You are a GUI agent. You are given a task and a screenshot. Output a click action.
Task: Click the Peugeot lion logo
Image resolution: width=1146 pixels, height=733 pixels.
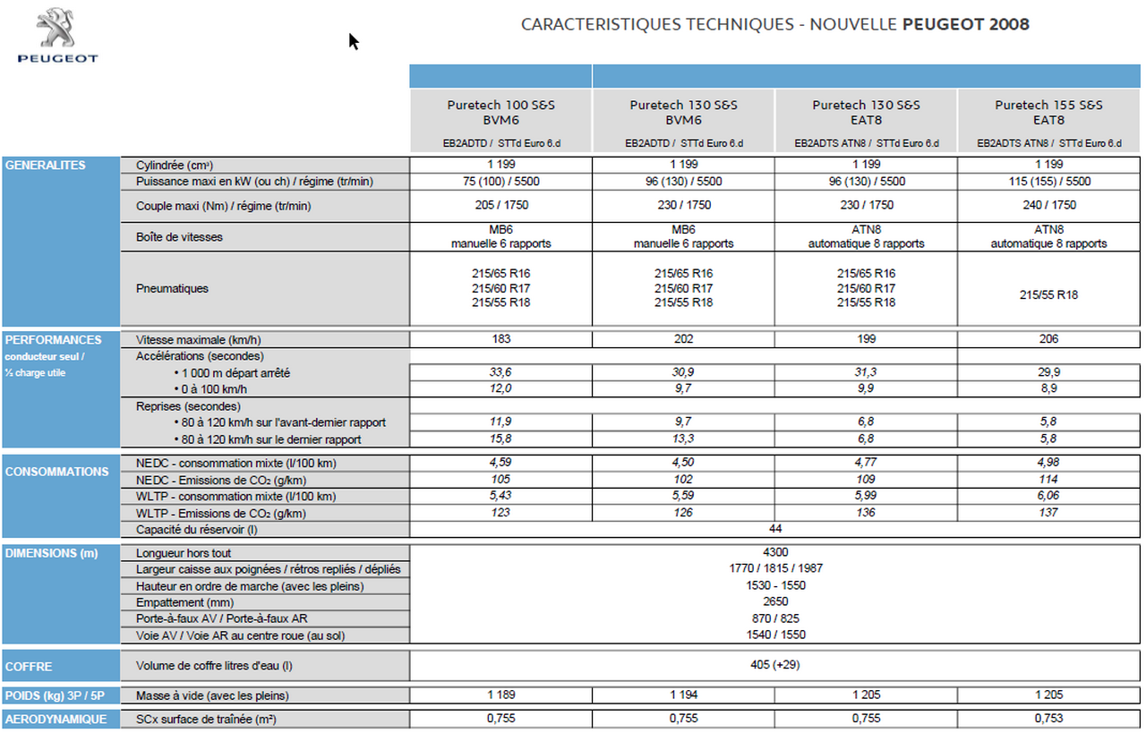coord(56,29)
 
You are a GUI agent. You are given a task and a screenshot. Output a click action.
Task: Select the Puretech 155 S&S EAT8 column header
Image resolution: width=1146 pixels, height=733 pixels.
coord(1048,112)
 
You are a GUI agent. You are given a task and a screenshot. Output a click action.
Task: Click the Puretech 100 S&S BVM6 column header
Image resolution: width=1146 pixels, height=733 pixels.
coord(500,112)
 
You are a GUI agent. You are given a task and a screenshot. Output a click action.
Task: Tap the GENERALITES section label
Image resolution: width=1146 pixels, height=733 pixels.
coord(45,166)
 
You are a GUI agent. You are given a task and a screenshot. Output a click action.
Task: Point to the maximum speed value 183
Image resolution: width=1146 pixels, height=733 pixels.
coord(500,339)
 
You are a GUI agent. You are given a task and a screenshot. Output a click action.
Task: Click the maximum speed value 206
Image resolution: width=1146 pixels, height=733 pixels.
coord(1048,339)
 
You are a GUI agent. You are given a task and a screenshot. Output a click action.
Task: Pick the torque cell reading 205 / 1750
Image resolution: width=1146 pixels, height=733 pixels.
coord(500,205)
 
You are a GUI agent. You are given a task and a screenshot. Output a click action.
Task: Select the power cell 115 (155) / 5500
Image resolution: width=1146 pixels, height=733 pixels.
coord(1048,182)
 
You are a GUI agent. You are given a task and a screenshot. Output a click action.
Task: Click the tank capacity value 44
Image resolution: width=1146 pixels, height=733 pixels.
coord(774,529)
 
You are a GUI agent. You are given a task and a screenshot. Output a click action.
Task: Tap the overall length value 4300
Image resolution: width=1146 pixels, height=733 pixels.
coord(774,553)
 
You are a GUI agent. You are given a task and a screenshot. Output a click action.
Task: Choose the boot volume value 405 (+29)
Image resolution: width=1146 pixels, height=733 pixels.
coord(774,665)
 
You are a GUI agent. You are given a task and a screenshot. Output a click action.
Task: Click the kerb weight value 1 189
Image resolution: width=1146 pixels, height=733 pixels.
coord(500,695)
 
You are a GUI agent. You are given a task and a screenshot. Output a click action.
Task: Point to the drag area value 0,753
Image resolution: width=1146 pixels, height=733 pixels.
coord(1048,719)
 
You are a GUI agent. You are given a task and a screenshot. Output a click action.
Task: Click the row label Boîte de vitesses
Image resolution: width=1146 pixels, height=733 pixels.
coord(179,237)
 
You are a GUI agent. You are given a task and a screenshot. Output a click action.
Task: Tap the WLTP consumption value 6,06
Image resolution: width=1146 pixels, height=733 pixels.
coord(1048,496)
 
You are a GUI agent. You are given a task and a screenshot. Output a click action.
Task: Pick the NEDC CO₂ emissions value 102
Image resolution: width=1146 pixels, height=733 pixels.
coord(683,480)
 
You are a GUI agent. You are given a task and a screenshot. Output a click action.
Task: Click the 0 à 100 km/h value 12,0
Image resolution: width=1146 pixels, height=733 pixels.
coord(500,388)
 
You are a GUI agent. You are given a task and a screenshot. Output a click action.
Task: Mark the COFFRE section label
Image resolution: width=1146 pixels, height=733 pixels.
coord(29,667)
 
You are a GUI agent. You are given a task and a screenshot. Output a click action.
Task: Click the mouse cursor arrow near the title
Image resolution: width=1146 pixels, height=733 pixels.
coord(354,41)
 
